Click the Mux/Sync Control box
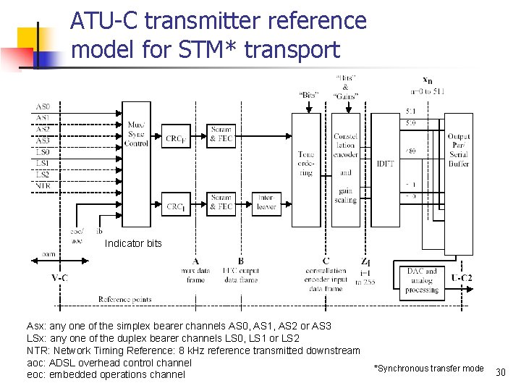pyautogui.click(x=136, y=135)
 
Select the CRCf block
pyautogui.click(x=175, y=138)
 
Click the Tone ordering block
pyautogui.click(x=306, y=164)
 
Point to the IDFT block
pyautogui.click(x=385, y=164)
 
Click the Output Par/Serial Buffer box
pyautogui.click(x=459, y=151)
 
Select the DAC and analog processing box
pyautogui.click(x=422, y=280)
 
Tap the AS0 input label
pyautogui.click(x=43, y=108)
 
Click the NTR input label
pyautogui.click(x=43, y=185)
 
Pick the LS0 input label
pyautogui.click(x=43, y=152)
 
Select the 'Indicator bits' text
pyautogui.click(x=133, y=243)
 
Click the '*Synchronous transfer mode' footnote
pyautogui.click(x=428, y=369)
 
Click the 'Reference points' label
pyautogui.click(x=124, y=299)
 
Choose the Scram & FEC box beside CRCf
pyautogui.click(x=221, y=134)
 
